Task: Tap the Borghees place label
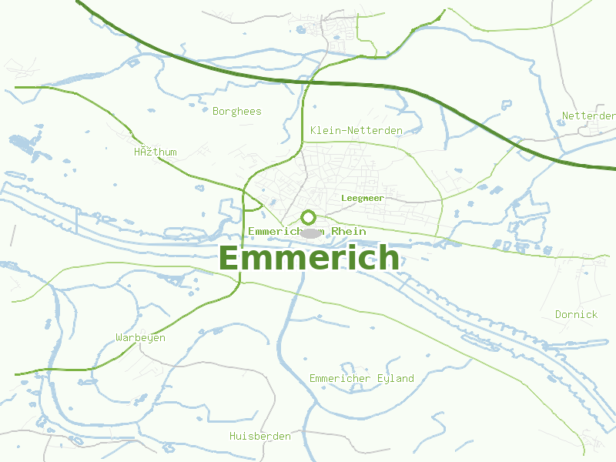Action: click(236, 112)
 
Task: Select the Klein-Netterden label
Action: click(356, 131)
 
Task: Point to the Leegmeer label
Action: click(362, 198)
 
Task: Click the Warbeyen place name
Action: click(140, 338)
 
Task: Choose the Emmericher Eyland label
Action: click(361, 378)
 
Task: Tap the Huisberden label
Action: click(260, 437)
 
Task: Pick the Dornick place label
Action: click(576, 314)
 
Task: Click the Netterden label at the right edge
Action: click(588, 116)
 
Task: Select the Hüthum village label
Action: click(156, 152)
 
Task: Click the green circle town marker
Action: click(309, 217)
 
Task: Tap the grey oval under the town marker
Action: click(310, 233)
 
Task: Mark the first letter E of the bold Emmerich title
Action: click(229, 258)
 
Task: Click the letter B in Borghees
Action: click(216, 112)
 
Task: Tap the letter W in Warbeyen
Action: click(119, 338)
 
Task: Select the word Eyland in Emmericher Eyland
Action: click(396, 378)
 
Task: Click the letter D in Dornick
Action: click(559, 314)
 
